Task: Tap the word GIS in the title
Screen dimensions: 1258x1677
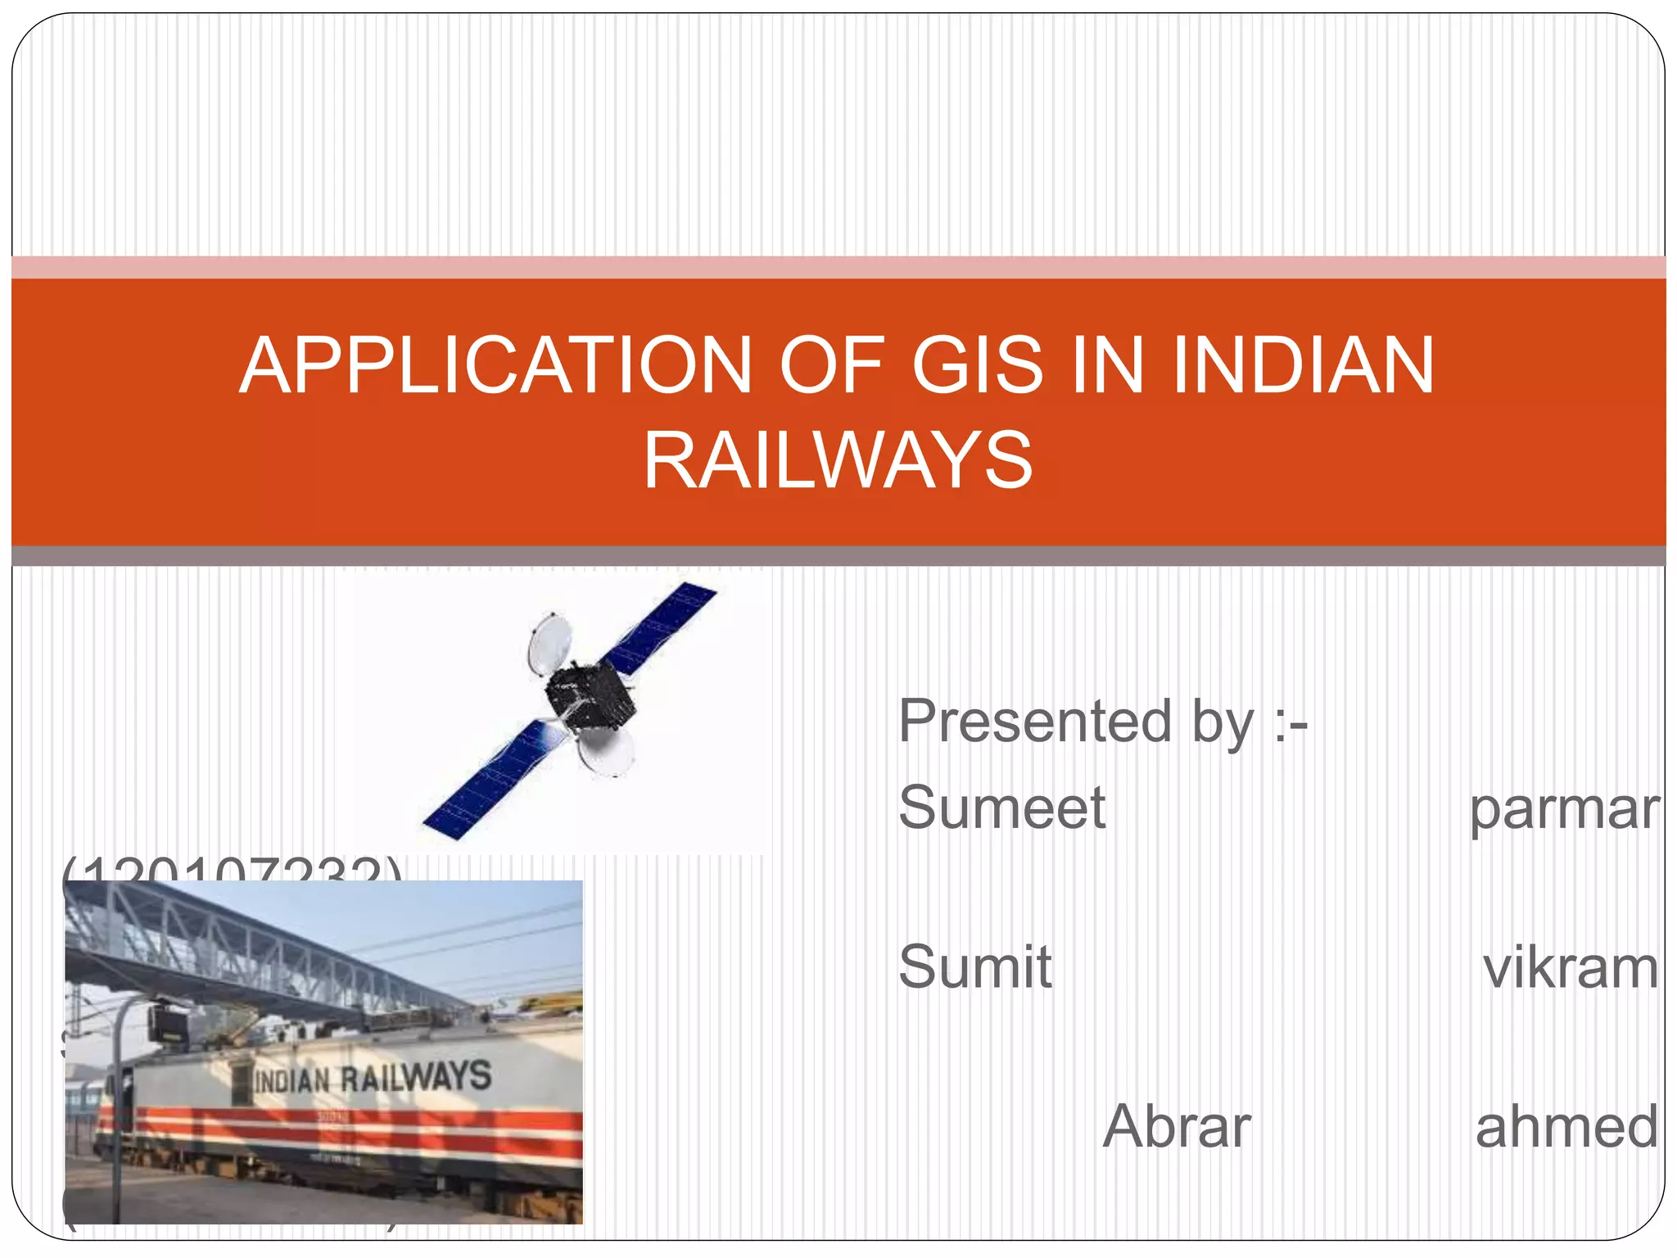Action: click(978, 365)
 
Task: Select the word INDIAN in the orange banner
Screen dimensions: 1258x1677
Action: click(1303, 365)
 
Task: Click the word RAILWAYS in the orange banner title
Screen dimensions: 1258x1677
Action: click(838, 460)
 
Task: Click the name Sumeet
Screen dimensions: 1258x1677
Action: click(1001, 808)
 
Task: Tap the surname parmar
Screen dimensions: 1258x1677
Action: click(1564, 810)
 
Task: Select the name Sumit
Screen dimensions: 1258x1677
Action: click(974, 967)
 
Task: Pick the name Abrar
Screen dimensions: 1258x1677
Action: click(1177, 1127)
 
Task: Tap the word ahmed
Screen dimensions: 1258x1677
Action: click(1566, 1128)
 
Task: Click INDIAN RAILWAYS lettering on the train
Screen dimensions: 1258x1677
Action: click(373, 1078)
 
